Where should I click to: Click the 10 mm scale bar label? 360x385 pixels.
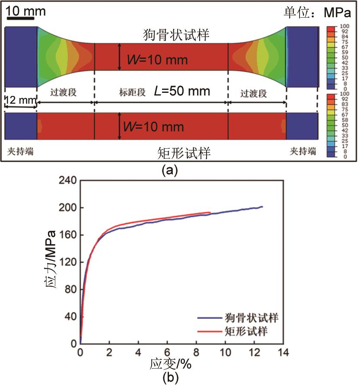[x=26, y=11]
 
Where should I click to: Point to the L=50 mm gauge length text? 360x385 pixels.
[x=182, y=91]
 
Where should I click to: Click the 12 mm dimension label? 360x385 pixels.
[x=19, y=100]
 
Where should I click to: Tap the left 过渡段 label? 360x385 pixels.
[x=65, y=92]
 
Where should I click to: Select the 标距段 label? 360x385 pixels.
[x=132, y=92]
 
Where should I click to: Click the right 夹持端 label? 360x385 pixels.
[x=303, y=152]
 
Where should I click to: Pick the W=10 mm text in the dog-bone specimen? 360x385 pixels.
[x=157, y=60]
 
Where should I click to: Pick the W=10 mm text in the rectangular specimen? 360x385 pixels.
[x=153, y=127]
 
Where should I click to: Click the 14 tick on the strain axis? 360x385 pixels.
[x=283, y=352]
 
